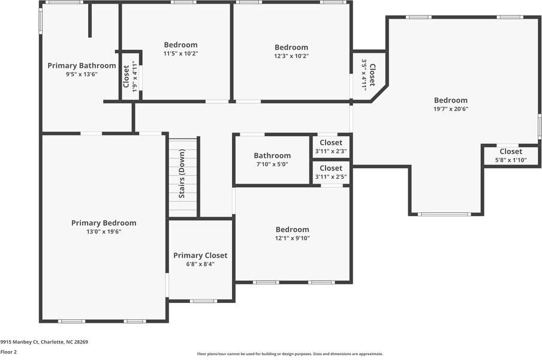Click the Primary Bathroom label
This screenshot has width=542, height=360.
tap(82, 66)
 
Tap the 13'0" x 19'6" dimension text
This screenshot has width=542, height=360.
tap(104, 232)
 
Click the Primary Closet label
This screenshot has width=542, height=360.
tap(200, 256)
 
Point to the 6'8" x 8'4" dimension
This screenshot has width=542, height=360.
tap(200, 264)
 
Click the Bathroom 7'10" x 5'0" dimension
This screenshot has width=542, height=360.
tap(272, 164)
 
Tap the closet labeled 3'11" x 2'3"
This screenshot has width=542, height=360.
tap(331, 151)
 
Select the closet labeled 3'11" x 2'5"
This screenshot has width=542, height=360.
tap(331, 176)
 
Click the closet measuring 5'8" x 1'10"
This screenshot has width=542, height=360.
tap(511, 160)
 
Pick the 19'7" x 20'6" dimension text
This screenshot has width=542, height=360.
tap(451, 109)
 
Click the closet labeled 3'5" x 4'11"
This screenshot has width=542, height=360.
tap(364, 74)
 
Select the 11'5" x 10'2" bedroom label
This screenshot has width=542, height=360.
tap(180, 45)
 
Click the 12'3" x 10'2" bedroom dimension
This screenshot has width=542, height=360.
tap(291, 56)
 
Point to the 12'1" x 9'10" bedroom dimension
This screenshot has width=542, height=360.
tap(292, 238)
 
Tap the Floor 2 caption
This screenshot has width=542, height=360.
tap(8, 352)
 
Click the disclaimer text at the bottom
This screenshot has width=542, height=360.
tap(290, 354)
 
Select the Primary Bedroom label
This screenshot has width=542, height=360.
tap(104, 223)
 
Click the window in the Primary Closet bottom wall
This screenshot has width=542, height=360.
tap(203, 301)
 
